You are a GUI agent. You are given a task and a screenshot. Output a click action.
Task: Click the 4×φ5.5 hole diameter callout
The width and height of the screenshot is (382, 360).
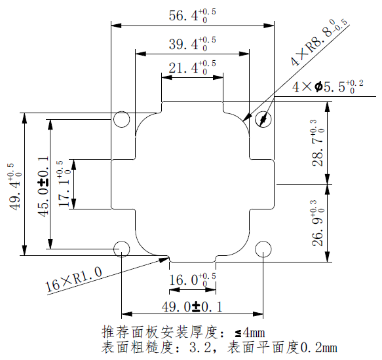pyautogui.click(x=327, y=87)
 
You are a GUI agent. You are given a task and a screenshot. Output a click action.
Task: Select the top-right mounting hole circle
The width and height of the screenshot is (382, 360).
pyautogui.click(x=263, y=119)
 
